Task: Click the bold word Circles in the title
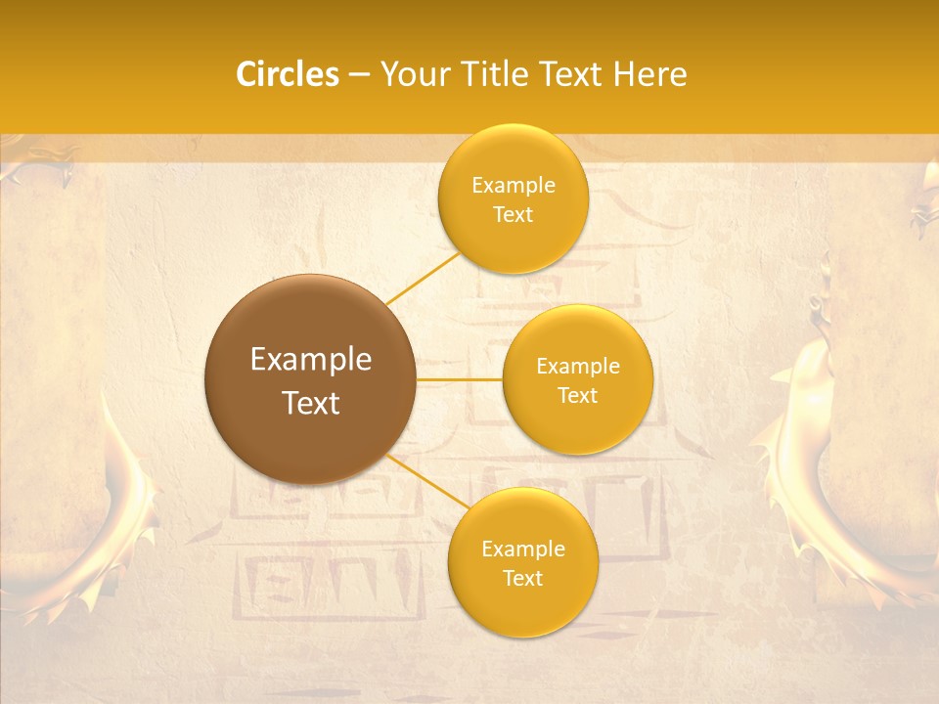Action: (288, 74)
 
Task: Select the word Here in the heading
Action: (651, 74)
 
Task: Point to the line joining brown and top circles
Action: (423, 278)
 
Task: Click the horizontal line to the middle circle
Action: (459, 379)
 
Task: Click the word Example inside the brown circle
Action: (311, 360)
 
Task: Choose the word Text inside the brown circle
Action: (311, 403)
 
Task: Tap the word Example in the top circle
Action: (513, 186)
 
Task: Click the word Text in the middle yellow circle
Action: (578, 395)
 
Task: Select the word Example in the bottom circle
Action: (522, 550)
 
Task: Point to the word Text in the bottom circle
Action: (522, 578)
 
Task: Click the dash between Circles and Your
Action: (359, 74)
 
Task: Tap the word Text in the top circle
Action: (513, 214)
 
